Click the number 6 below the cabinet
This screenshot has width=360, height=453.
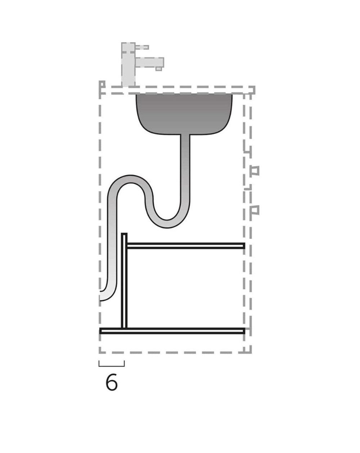(x=112, y=382)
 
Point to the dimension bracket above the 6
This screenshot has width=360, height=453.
(x=112, y=365)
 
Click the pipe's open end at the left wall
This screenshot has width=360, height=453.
(x=102, y=295)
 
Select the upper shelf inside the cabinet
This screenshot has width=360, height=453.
(x=185, y=246)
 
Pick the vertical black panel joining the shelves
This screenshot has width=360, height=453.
(x=124, y=281)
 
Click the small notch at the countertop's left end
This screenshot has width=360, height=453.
(x=102, y=85)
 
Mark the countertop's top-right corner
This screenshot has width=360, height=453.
(x=254, y=88)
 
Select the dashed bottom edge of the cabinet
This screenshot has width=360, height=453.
(x=173, y=352)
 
